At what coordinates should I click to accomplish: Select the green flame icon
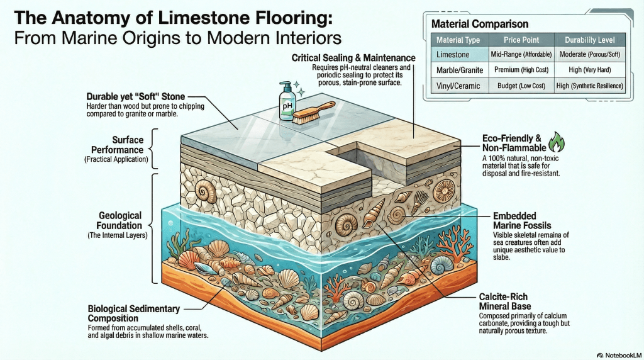tap(554, 141)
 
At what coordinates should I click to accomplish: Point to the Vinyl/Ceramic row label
tap(458, 86)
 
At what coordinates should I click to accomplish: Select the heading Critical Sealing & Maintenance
tap(353, 58)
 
